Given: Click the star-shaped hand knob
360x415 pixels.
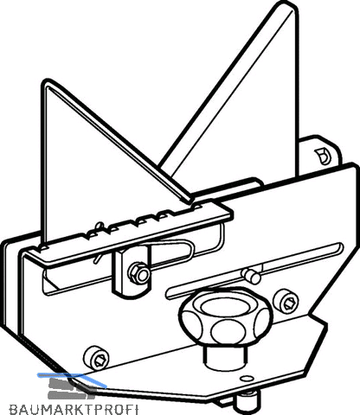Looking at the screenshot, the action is pyautogui.click(x=226, y=317).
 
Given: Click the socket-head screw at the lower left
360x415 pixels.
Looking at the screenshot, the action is pyautogui.click(x=96, y=357).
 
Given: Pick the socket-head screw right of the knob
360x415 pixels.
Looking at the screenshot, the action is pyautogui.click(x=286, y=302).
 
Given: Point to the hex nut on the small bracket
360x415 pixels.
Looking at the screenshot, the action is pyautogui.click(x=138, y=272).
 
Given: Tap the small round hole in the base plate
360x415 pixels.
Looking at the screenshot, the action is pyautogui.click(x=246, y=378).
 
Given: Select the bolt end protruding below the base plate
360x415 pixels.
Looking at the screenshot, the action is pyautogui.click(x=247, y=403).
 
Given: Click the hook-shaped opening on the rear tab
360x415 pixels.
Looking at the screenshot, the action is pyautogui.click(x=322, y=156).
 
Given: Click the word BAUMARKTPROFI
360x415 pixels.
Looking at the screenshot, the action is pyautogui.click(x=74, y=409).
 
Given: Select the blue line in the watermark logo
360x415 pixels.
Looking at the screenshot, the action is pyautogui.click(x=72, y=378).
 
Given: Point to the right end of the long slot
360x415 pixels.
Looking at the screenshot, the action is pyautogui.click(x=340, y=246).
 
